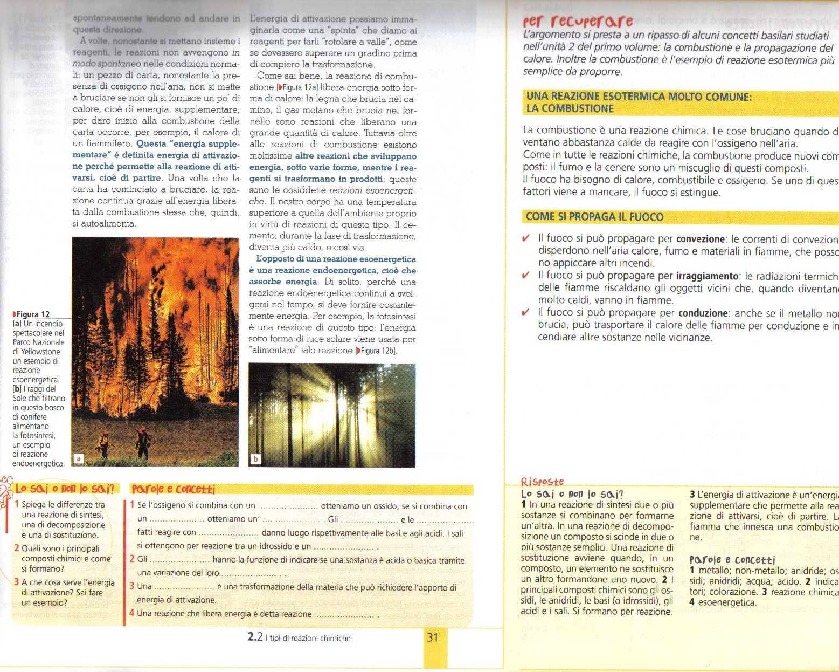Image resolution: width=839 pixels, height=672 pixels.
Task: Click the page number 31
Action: coord(433,637)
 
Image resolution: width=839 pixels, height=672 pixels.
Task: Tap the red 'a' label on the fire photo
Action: coord(79,458)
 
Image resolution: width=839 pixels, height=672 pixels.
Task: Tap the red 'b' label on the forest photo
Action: coord(255,459)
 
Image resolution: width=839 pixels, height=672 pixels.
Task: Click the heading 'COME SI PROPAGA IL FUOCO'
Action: coord(594,217)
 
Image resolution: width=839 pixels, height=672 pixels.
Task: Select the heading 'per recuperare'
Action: coord(578,22)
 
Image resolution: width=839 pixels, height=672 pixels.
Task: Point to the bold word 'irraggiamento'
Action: coord(707,276)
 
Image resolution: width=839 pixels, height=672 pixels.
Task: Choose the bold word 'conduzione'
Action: coord(703,313)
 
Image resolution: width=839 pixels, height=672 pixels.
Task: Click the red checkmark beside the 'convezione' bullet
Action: coord(526,238)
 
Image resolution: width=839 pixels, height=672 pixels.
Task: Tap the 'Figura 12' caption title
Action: coord(32,314)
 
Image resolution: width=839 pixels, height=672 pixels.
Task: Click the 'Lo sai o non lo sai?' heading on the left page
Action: coord(65,489)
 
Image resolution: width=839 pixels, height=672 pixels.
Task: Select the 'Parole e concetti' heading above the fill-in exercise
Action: coord(174,489)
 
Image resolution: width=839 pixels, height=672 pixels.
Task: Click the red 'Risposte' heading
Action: coord(542,482)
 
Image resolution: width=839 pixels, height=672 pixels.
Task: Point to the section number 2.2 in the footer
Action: coord(255,637)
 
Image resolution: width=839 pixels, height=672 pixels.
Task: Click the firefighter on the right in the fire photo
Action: coord(143,442)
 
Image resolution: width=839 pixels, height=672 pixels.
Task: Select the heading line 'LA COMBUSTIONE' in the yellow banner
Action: coord(570,108)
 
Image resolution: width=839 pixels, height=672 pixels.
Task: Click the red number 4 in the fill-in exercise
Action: coord(132,613)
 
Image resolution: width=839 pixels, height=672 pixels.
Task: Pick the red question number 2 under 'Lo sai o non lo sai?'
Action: coord(17,548)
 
